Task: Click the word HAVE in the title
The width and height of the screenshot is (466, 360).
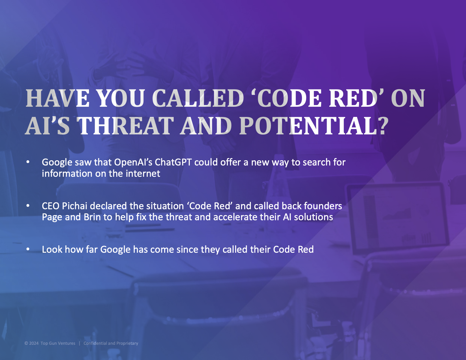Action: click(57, 98)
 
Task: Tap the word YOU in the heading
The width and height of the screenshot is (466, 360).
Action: click(120, 98)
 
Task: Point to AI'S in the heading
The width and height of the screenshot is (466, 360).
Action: click(47, 126)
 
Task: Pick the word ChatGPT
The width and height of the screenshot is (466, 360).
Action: click(173, 162)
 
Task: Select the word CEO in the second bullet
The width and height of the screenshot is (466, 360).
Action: click(51, 206)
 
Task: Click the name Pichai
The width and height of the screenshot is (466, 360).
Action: click(75, 206)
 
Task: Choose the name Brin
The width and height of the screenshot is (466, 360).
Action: click(92, 217)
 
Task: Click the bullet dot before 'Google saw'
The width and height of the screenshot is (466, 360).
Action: click(28, 162)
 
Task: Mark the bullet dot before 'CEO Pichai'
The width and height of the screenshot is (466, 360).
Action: click(28, 206)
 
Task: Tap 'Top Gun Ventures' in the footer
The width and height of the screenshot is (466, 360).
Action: click(58, 343)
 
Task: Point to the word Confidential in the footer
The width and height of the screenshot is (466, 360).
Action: click(95, 343)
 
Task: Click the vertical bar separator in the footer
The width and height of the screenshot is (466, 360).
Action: click(80, 343)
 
